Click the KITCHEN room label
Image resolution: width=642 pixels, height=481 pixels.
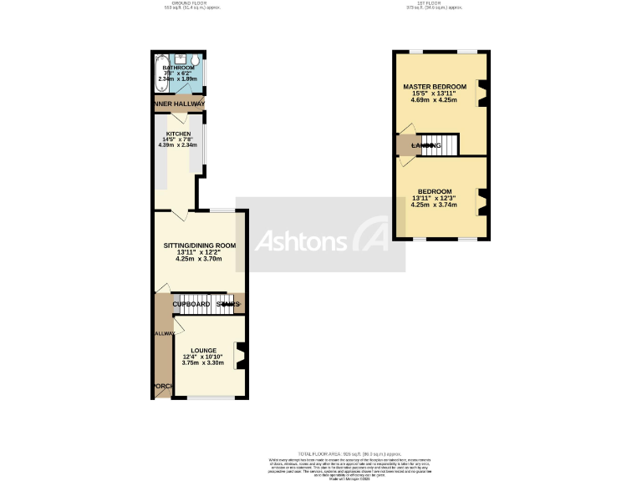177,134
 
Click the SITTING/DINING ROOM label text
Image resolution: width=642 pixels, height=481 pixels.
200,246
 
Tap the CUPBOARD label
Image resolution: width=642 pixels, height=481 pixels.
191,304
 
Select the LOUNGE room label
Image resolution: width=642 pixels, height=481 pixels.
203,350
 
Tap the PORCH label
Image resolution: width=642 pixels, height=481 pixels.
162,386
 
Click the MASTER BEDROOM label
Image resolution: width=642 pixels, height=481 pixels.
434,87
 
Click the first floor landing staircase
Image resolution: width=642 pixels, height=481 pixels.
440,145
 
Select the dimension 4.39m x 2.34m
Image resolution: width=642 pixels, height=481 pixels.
177,145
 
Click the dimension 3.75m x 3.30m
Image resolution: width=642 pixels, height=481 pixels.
203,363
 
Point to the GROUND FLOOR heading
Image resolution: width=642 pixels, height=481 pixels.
183,3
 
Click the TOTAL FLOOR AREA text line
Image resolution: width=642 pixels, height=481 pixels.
321,450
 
